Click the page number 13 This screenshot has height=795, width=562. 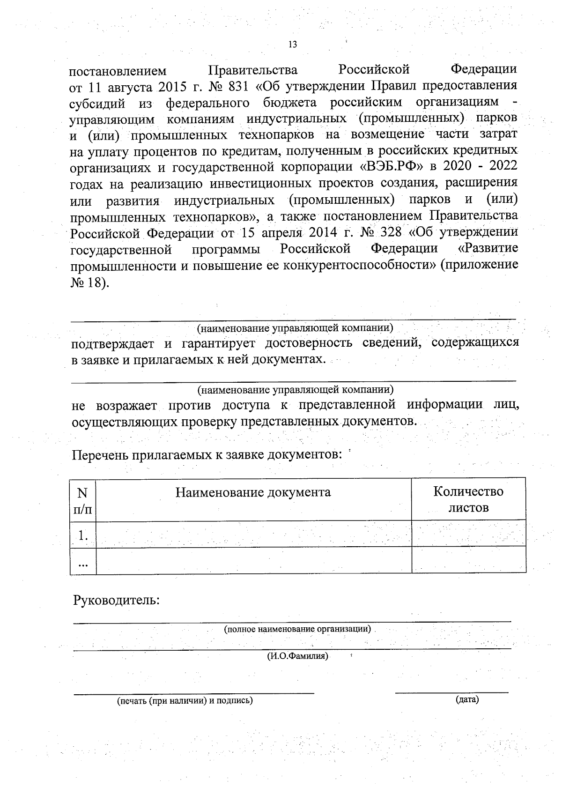coord(293,45)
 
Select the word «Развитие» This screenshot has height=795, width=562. coord(488,248)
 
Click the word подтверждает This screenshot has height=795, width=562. coord(112,343)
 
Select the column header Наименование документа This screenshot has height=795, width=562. coord(253,492)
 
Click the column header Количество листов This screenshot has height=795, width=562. coord(468,499)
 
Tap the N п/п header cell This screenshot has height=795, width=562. coord(83,500)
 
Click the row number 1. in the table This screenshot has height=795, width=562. coord(83,535)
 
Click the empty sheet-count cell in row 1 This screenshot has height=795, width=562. coord(468,534)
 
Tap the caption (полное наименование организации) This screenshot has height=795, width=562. coord(297,629)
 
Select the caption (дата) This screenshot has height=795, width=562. coord(466,700)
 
